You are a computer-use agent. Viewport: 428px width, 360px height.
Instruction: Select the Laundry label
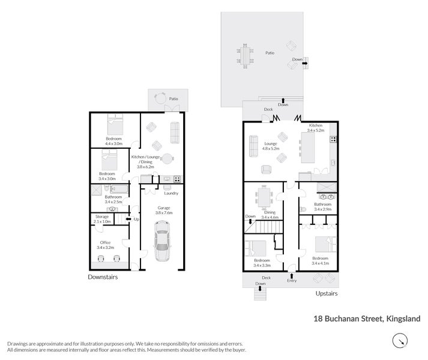(x=171, y=193)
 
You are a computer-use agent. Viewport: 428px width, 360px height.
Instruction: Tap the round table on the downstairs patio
(x=160, y=99)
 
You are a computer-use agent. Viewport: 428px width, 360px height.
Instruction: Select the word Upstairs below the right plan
(x=327, y=293)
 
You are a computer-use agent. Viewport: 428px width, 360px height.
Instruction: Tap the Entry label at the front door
(x=292, y=280)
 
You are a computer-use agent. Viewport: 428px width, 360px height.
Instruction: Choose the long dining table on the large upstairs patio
(x=246, y=56)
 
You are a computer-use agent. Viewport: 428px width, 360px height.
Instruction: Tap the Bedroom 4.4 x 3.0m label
(x=113, y=141)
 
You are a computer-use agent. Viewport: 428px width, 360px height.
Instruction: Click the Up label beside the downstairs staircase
(x=136, y=219)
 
